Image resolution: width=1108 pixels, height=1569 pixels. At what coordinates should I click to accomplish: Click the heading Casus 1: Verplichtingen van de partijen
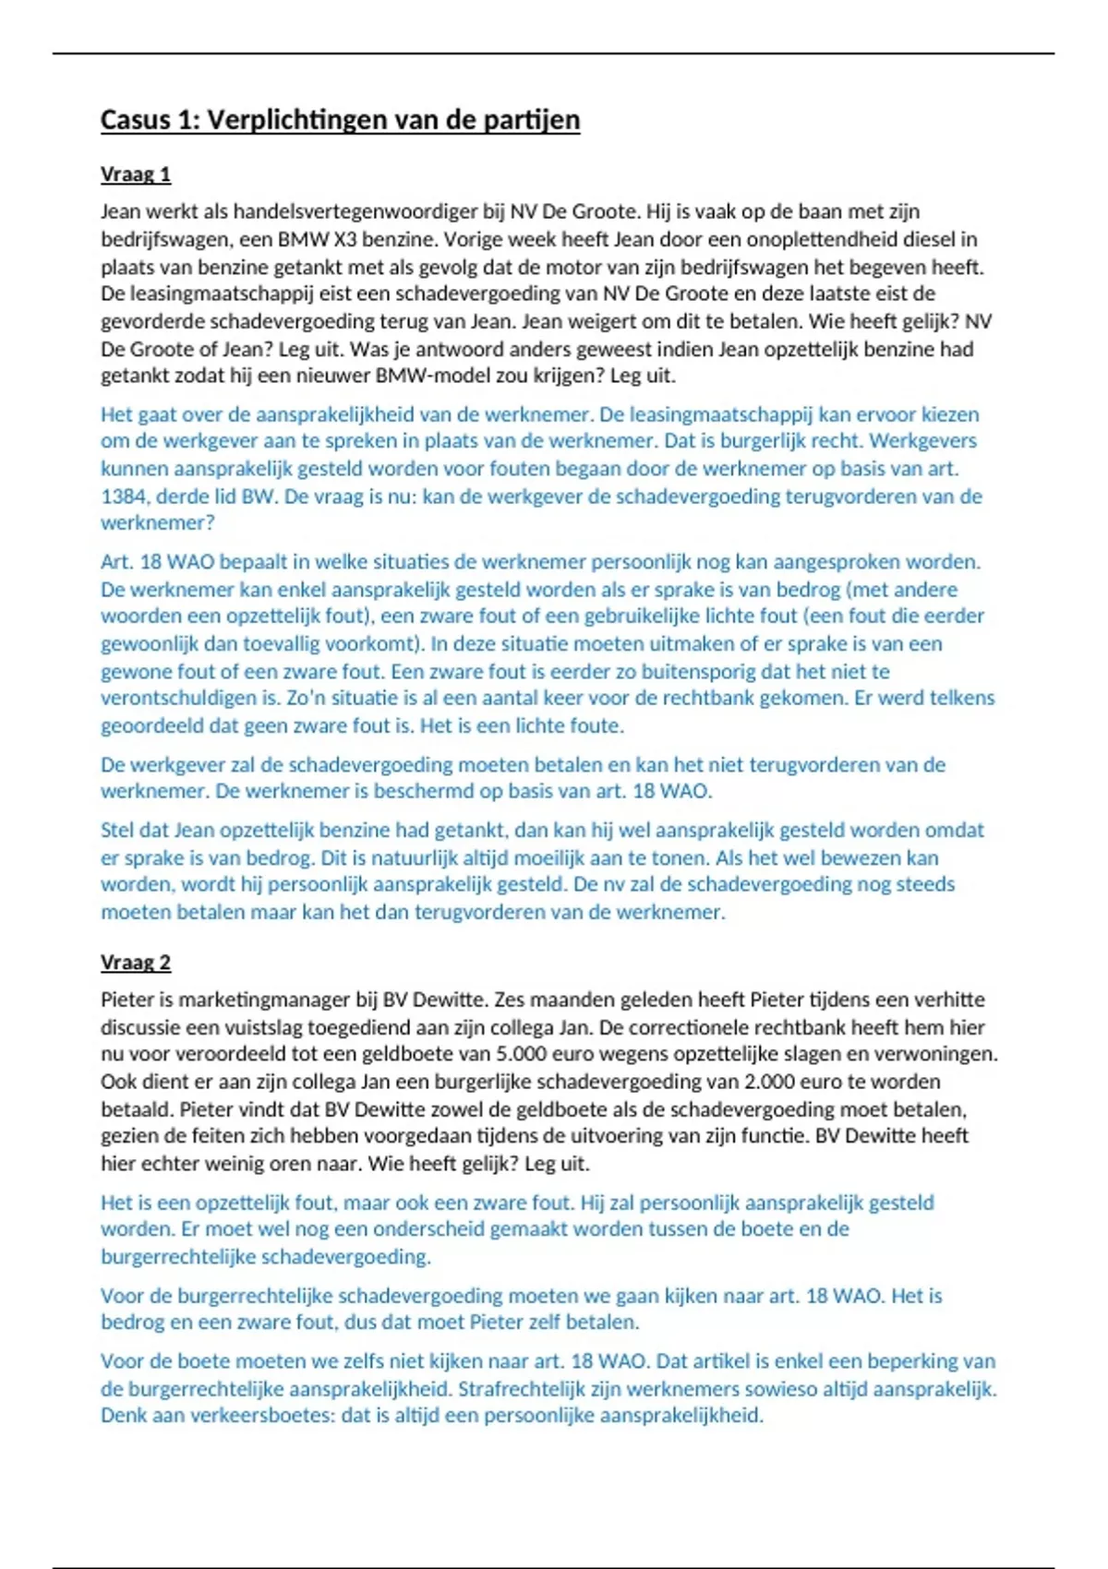click(x=340, y=120)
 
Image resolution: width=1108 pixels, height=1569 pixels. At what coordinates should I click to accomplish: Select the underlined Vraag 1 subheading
click(x=136, y=174)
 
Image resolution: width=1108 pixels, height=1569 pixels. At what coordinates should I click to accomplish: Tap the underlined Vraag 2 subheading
click(x=136, y=963)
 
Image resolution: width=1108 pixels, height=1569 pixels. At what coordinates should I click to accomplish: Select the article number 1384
click(x=125, y=496)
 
